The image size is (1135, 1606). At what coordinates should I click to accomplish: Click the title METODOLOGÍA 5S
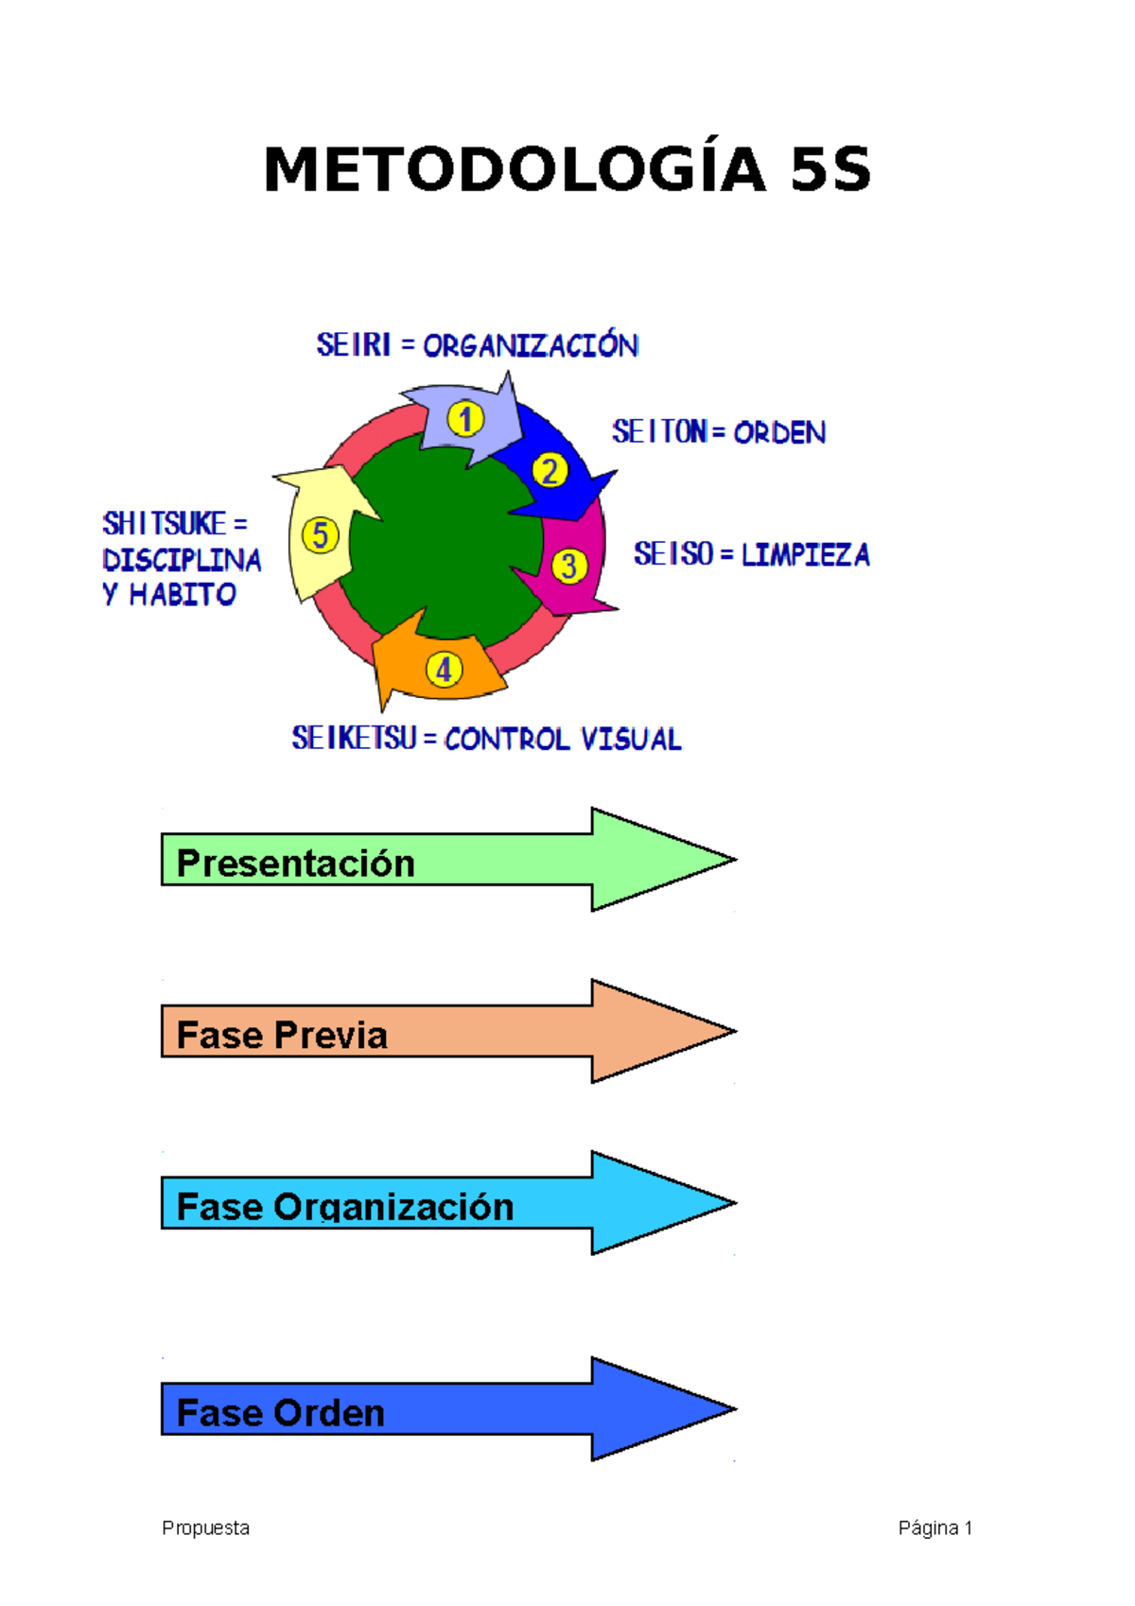(567, 170)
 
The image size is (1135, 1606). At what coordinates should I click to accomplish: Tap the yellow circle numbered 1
(465, 419)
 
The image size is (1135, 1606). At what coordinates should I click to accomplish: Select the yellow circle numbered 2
(550, 470)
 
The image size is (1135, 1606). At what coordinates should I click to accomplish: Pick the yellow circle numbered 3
(569, 566)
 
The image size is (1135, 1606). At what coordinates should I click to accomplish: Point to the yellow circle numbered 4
(444, 670)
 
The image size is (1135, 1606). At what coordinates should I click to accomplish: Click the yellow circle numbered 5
(321, 535)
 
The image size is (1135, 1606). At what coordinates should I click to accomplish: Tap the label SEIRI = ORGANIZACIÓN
(478, 345)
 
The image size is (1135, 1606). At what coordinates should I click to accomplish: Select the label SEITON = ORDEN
(719, 432)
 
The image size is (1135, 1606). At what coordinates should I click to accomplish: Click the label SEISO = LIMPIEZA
(751, 554)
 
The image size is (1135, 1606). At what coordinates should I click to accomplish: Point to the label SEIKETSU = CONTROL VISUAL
(486, 738)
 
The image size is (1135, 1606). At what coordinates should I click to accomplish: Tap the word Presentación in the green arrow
(296, 864)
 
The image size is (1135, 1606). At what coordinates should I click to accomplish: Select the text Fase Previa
(282, 1035)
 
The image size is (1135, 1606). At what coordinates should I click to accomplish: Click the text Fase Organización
(345, 1207)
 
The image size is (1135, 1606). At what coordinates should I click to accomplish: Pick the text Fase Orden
(281, 1413)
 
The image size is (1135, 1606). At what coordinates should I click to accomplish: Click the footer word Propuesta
(205, 1527)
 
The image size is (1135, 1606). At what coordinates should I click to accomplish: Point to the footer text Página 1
(934, 1527)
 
